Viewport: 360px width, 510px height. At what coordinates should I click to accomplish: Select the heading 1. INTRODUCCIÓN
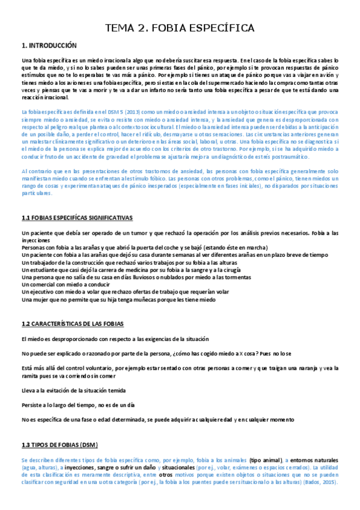click(x=50, y=46)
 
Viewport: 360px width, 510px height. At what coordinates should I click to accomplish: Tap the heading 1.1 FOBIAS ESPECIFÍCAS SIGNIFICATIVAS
click(x=76, y=217)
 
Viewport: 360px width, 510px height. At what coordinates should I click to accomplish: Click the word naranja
click(x=303, y=367)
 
